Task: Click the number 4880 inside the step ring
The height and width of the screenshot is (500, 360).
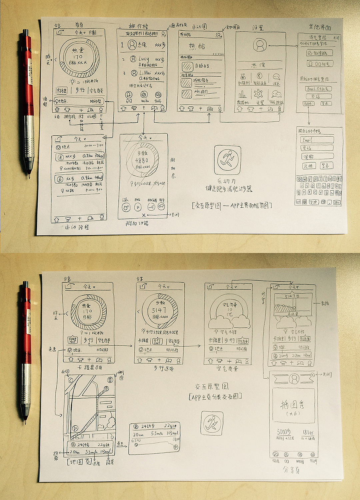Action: point(142,160)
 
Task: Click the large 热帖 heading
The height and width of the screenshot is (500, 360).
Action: point(197,46)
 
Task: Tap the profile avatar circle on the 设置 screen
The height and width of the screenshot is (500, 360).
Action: point(260,45)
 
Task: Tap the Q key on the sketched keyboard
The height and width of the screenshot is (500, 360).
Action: point(299,179)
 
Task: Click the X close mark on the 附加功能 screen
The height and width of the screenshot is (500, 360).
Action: point(144,215)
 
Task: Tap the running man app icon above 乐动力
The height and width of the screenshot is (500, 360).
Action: point(227,160)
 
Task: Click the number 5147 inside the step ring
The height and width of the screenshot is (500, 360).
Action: point(159,310)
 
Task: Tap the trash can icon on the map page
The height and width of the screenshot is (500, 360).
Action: point(110,380)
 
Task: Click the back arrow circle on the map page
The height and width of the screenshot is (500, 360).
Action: point(70,380)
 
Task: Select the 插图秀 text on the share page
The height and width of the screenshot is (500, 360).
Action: point(292,405)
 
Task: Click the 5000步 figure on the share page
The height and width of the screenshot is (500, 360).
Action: point(284,432)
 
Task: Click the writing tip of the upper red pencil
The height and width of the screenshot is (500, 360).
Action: point(29,177)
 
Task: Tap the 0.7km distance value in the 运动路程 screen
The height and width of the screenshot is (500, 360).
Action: point(88,156)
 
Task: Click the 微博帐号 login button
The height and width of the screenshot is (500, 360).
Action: point(319,53)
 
